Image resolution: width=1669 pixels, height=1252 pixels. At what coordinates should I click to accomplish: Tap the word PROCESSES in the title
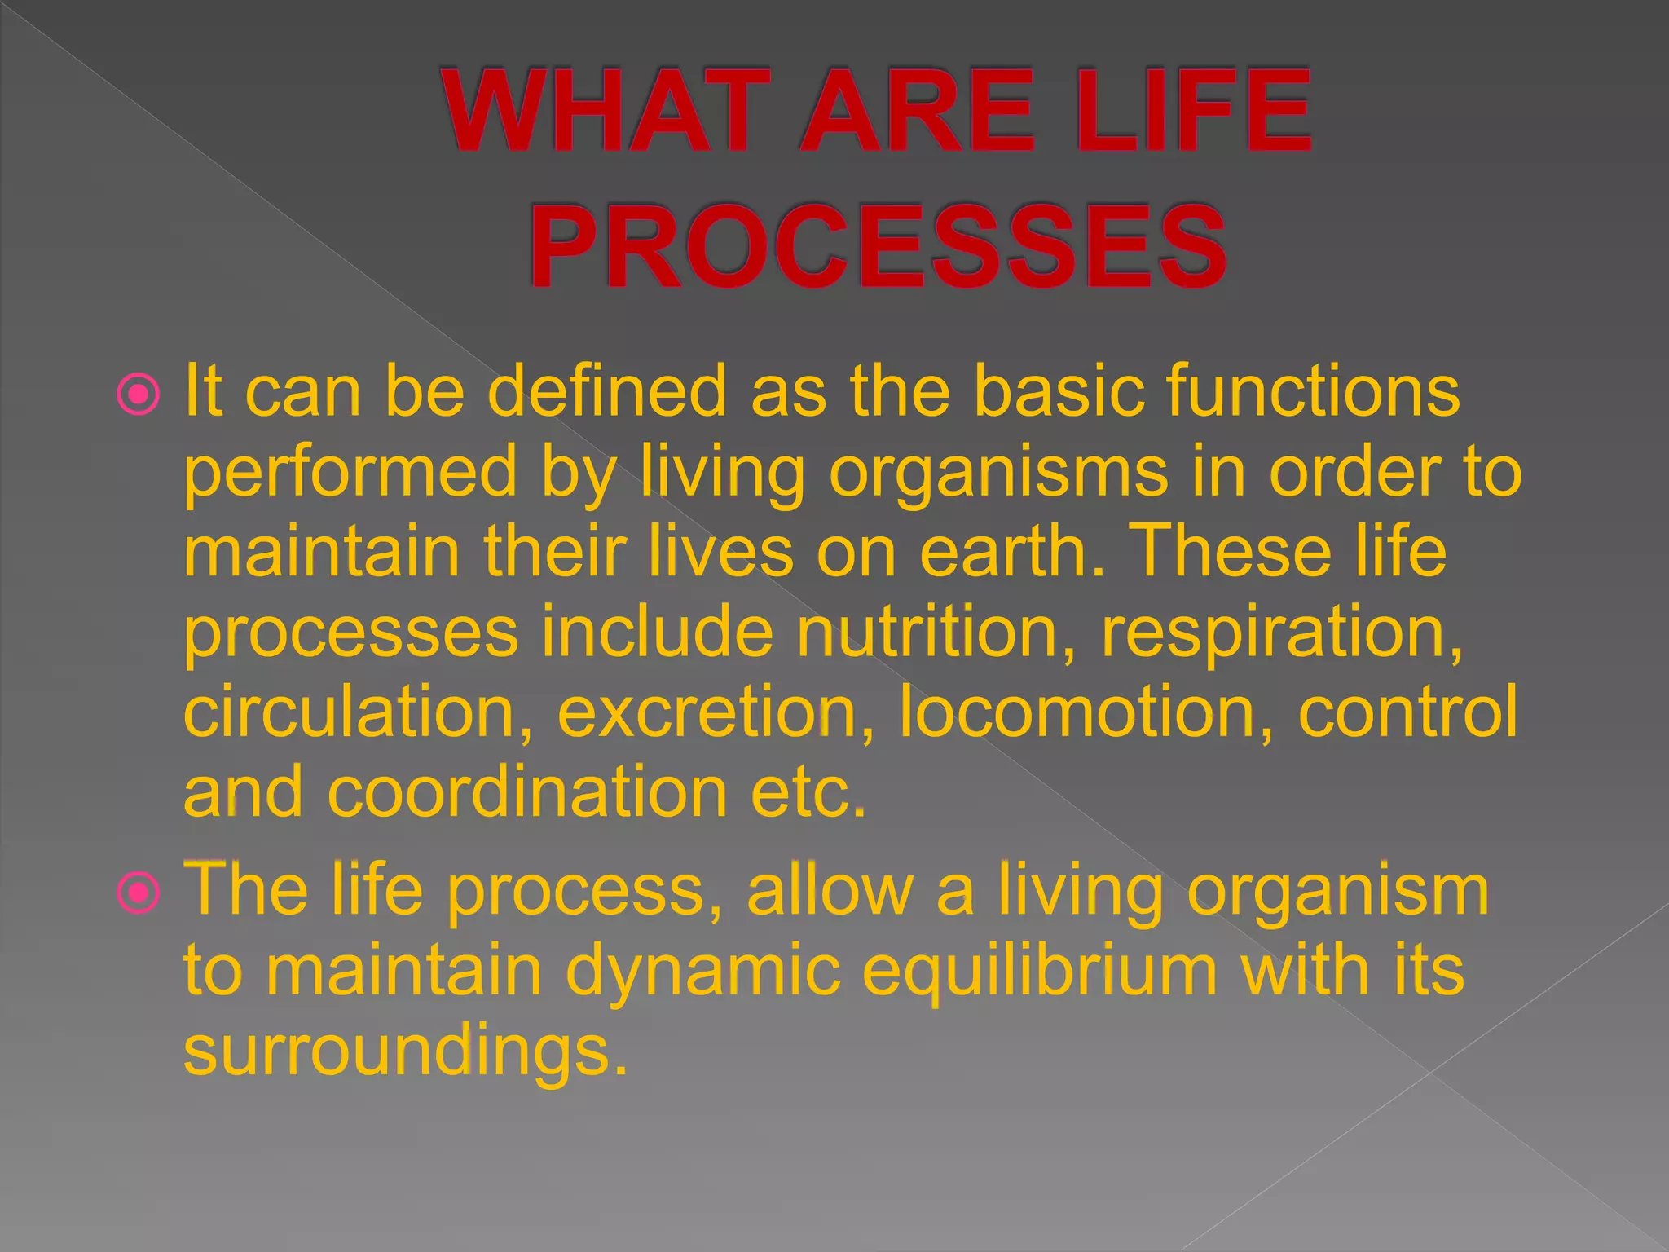879,247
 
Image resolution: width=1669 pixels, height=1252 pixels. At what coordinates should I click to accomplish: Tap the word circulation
359,712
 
